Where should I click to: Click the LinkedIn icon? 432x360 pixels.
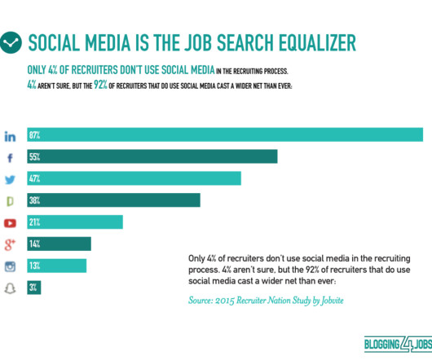click(x=10, y=137)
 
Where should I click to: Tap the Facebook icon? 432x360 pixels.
click(x=10, y=158)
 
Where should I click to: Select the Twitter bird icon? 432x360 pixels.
click(x=10, y=179)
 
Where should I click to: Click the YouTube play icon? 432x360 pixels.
click(x=10, y=223)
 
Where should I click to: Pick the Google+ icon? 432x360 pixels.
click(x=10, y=244)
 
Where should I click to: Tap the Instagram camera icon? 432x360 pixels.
click(x=11, y=266)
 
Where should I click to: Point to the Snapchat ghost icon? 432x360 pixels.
click(x=10, y=288)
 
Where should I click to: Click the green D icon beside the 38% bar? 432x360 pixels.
click(x=10, y=201)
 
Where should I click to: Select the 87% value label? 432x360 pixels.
click(x=34, y=135)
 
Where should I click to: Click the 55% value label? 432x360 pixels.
click(x=34, y=157)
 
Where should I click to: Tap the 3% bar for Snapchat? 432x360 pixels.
click(x=34, y=288)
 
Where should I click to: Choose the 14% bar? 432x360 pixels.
click(x=59, y=244)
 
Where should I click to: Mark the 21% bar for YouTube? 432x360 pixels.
click(x=75, y=222)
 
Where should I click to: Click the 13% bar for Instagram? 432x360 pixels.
click(x=57, y=266)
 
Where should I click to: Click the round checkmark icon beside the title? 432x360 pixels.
click(x=11, y=42)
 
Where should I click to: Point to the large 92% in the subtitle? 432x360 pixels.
click(x=100, y=85)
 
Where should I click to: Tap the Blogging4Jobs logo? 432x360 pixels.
click(x=398, y=344)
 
